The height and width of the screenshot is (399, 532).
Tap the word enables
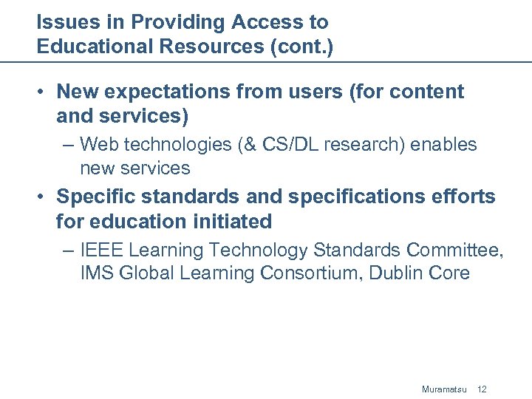443,144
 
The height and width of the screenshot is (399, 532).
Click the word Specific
92,197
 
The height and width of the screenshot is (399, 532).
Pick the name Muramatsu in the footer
444,389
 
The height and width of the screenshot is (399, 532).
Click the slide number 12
482,389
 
